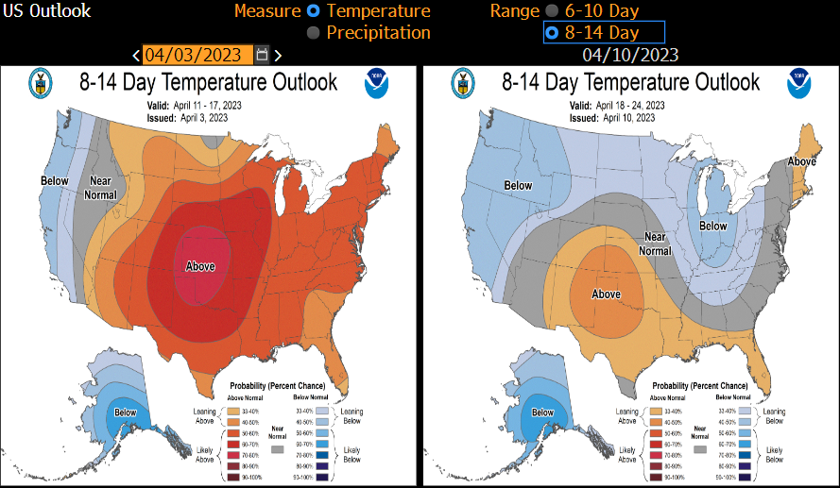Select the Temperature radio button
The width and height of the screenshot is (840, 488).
[x=314, y=11]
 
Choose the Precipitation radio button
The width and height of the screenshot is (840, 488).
[x=314, y=33]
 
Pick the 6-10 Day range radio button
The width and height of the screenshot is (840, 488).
[x=552, y=11]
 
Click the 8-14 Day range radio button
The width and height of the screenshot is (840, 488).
[x=552, y=33]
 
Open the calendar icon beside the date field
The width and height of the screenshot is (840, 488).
[x=262, y=55]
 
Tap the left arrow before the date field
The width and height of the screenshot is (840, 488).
[x=137, y=56]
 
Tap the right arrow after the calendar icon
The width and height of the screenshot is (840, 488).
[x=278, y=56]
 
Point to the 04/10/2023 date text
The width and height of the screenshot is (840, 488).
[x=630, y=55]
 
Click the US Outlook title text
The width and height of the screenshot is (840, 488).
[x=46, y=11]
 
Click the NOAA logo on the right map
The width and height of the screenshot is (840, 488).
[x=797, y=84]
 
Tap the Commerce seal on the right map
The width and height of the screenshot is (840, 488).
[x=463, y=82]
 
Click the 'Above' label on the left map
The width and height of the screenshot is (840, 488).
[x=200, y=266]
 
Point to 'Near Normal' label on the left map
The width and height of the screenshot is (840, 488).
[x=102, y=188]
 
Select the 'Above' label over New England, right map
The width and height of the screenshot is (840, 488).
[x=802, y=161]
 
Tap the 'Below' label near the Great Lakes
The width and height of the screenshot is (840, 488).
[x=712, y=227]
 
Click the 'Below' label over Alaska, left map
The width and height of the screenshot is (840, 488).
[x=126, y=412]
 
